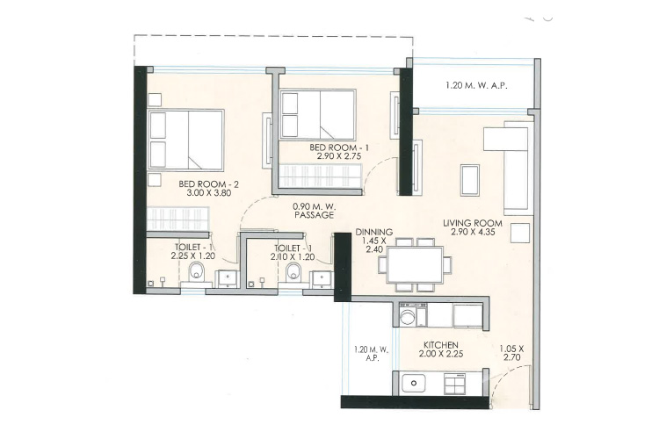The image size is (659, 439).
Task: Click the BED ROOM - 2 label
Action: click(208, 184)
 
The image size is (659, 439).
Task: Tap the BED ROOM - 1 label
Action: click(339, 148)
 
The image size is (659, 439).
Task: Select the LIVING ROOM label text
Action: click(473, 223)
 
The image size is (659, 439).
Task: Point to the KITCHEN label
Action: click(440, 345)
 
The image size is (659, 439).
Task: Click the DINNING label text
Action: click(373, 232)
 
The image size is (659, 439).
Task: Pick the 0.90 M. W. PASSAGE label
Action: click(314, 211)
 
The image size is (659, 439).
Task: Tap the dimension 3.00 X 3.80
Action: click(208, 193)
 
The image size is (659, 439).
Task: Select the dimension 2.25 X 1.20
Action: click(193, 255)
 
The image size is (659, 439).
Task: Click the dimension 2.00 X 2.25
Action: click(441, 354)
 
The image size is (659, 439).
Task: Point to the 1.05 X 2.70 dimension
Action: click(511, 353)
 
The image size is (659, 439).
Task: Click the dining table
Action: click(415, 264)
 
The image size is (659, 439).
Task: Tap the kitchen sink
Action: click(414, 383)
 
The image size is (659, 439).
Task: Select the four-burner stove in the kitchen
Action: click(455, 383)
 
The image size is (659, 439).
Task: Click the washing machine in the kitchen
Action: click(407, 316)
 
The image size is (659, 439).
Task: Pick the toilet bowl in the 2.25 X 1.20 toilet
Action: click(196, 272)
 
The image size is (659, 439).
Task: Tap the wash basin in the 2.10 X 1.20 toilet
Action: click(322, 279)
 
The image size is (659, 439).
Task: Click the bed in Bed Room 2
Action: click(185, 140)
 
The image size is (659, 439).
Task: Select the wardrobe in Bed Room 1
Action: click(320, 176)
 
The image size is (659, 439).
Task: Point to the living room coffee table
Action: click(470, 180)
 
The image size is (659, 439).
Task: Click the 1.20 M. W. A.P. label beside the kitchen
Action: click(371, 353)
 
